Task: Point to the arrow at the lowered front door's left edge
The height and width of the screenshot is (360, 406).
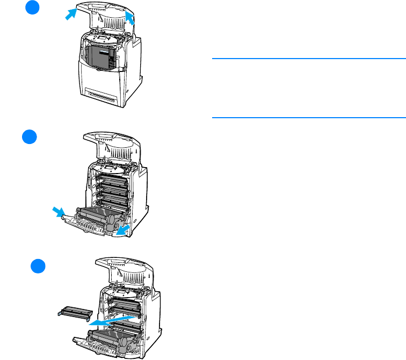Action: pos(57,213)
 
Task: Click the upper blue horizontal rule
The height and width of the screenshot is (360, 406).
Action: pos(308,59)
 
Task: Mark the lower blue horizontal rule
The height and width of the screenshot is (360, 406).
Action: pos(308,117)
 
